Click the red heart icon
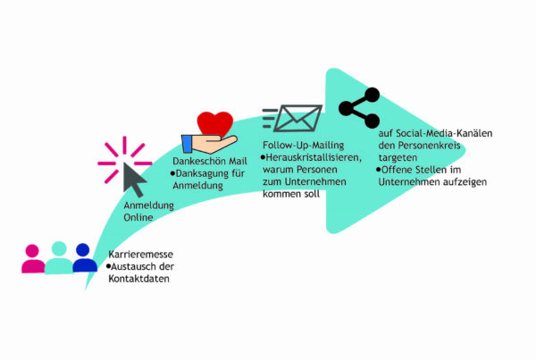(215, 124)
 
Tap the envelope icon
(297, 118)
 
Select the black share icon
(359, 108)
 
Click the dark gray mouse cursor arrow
(134, 180)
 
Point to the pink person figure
(33, 259)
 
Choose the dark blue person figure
(84, 257)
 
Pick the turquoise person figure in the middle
(59, 257)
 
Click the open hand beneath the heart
(209, 144)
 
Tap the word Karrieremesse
(140, 255)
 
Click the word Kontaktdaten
(138, 279)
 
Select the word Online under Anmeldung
(138, 217)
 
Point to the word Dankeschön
(199, 161)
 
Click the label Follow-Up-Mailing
(303, 146)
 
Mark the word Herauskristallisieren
(314, 157)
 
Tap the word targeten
(398, 158)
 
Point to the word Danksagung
(201, 173)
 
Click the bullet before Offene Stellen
(379, 170)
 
